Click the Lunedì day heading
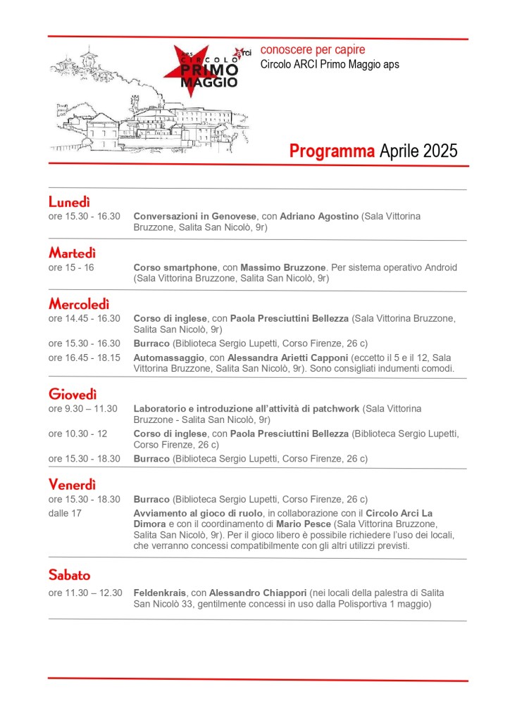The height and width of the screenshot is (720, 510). [x=69, y=203]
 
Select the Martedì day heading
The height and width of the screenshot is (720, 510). [x=72, y=253]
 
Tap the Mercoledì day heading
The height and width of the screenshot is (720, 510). [x=79, y=304]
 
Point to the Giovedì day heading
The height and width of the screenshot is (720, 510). [x=73, y=394]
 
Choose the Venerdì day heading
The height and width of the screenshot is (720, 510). [x=72, y=484]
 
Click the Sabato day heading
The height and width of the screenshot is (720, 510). [x=69, y=575]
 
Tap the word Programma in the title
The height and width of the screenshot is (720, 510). [x=332, y=151]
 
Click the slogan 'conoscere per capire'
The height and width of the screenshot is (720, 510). [x=313, y=50]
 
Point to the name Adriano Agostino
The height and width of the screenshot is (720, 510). [x=316, y=217]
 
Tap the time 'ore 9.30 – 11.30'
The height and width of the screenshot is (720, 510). [x=83, y=408]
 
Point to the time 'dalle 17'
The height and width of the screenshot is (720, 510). [x=65, y=513]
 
